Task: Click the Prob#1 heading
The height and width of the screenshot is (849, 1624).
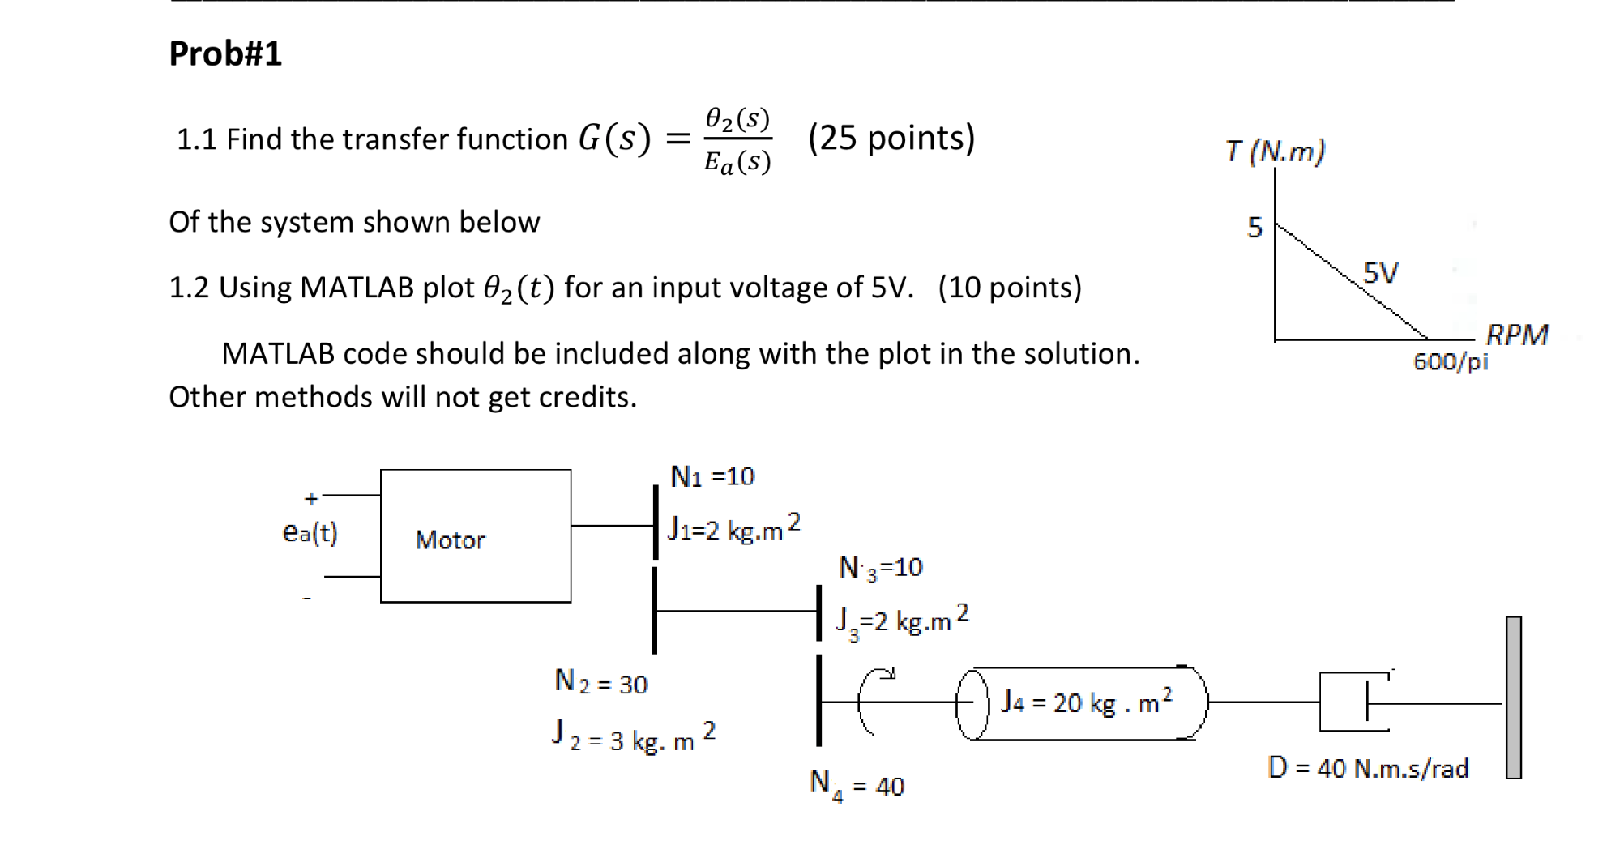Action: tap(225, 54)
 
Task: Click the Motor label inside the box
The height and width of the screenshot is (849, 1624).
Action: tap(450, 540)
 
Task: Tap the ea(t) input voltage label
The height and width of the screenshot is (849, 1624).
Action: tap(310, 532)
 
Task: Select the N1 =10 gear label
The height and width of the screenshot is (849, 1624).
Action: tap(712, 476)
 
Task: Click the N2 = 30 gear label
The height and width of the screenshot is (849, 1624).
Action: tap(601, 683)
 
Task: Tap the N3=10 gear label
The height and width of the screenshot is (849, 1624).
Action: tap(881, 568)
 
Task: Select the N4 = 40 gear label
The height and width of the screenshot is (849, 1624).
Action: tap(857, 785)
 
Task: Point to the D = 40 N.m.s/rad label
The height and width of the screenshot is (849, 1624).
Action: tap(1368, 767)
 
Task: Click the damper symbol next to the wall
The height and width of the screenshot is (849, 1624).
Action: tap(1353, 702)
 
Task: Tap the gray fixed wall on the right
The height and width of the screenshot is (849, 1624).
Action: tap(1513, 698)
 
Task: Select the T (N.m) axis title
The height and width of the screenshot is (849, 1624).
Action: tap(1275, 151)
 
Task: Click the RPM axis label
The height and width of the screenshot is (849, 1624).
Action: tap(1517, 335)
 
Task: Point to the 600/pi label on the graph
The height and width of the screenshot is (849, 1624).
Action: tap(1451, 361)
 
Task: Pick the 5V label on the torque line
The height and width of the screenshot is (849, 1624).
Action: tap(1380, 272)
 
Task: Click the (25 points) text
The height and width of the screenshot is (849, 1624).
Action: tap(891, 139)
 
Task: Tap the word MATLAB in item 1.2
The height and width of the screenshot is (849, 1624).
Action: tap(357, 288)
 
